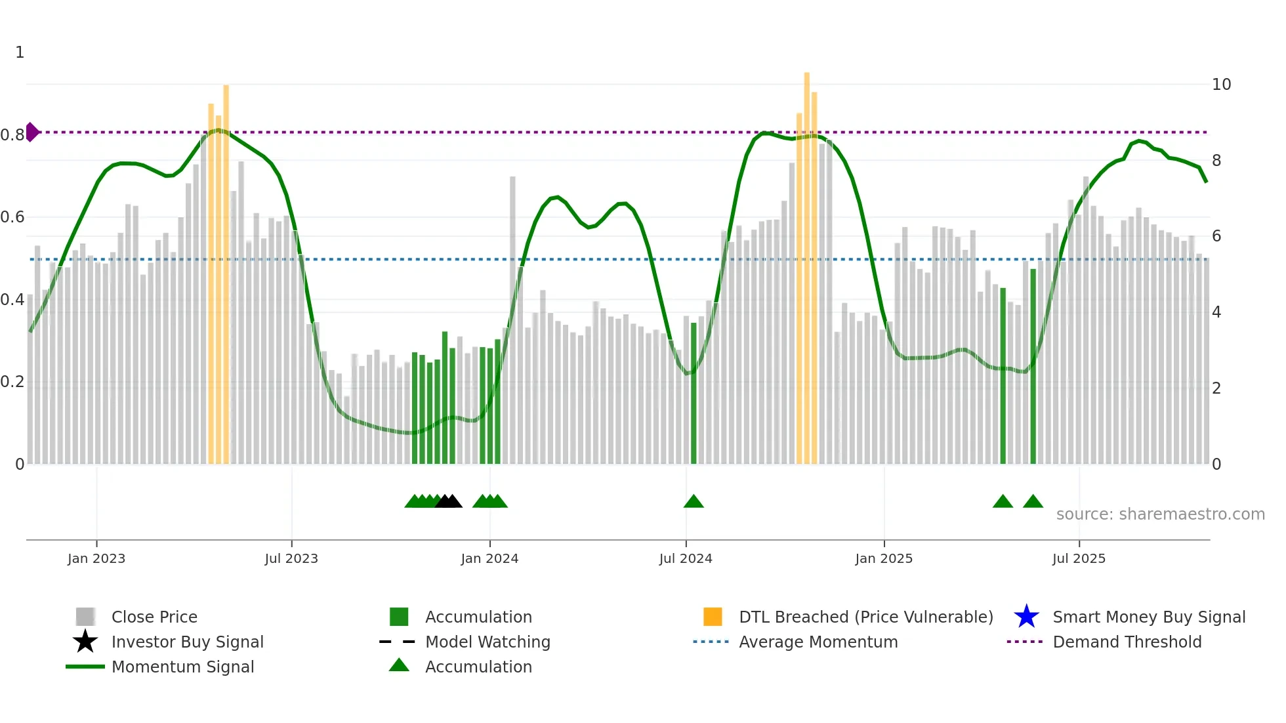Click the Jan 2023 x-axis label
coord(96,558)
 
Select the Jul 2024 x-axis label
coord(686,558)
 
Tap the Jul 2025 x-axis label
coord(1079,558)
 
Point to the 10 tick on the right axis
coord(1221,85)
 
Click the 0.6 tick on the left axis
coord(12,217)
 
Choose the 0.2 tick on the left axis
coord(12,382)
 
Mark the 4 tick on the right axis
coord(1216,312)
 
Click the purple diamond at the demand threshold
coord(31,132)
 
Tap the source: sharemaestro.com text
coord(1160,514)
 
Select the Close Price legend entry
coord(154,617)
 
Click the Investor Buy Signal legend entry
coord(187,642)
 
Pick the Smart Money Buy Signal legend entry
coord(1148,617)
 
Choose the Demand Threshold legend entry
coord(1127,642)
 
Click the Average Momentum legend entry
coord(818,642)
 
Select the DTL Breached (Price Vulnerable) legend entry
coord(865,617)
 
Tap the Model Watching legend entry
coord(487,642)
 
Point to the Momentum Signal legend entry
coord(182,667)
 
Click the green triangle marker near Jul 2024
coord(694,502)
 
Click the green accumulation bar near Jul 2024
coord(694,394)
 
